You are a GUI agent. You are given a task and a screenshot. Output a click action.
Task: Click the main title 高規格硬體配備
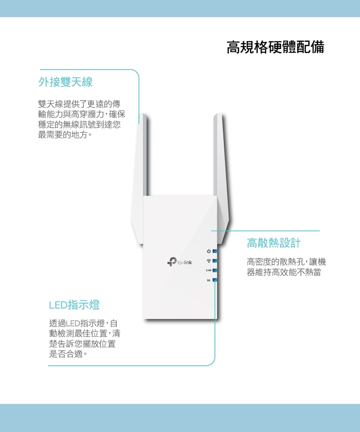click(x=276, y=47)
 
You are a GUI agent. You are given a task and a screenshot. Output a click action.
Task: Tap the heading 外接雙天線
click(x=66, y=82)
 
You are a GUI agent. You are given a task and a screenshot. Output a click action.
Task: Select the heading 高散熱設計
click(x=274, y=243)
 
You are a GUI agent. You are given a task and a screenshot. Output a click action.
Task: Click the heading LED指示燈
click(x=74, y=305)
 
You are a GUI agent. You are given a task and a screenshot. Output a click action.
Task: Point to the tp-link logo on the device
click(x=180, y=262)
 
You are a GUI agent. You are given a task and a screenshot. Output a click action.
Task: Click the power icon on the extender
click(x=209, y=251)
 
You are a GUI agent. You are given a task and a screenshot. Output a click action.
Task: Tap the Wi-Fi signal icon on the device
click(x=209, y=261)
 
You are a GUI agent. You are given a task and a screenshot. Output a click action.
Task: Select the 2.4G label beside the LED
click(x=208, y=271)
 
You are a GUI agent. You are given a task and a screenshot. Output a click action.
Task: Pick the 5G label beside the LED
click(x=208, y=280)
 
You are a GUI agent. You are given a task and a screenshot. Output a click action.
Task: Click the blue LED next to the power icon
click(x=215, y=251)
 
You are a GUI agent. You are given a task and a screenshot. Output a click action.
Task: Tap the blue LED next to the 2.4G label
click(x=215, y=271)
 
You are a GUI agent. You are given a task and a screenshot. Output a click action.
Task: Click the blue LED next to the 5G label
click(x=215, y=280)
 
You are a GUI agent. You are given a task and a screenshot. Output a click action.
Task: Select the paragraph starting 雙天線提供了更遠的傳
click(x=82, y=120)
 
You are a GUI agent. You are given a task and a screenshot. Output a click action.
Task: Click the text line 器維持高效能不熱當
click(x=284, y=273)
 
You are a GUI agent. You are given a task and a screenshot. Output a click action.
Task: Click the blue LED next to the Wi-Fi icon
click(x=215, y=261)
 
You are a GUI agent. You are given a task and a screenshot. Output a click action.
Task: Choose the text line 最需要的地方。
click(x=65, y=135)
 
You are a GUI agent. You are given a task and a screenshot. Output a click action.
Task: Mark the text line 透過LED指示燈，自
click(x=83, y=323)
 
